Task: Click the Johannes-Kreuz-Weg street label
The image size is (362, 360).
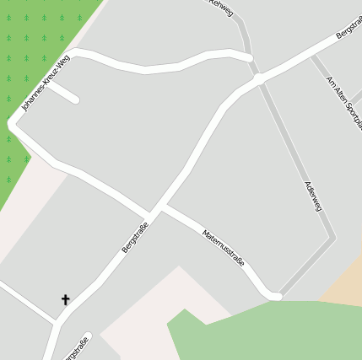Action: pyautogui.click(x=46, y=83)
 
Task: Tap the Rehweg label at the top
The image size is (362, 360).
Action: pyautogui.click(x=220, y=4)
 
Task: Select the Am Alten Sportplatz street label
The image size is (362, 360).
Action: pyautogui.click(x=344, y=102)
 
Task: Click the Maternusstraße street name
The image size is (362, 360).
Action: pyautogui.click(x=224, y=248)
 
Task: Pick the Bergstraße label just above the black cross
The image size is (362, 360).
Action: pyautogui.click(x=135, y=237)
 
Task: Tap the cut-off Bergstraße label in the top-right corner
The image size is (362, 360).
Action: pyautogui.click(x=348, y=27)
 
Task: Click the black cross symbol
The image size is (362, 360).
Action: pyautogui.click(x=65, y=299)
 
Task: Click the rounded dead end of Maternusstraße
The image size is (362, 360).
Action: pyautogui.click(x=275, y=295)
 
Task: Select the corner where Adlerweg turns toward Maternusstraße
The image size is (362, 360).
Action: pyautogui.click(x=332, y=239)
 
